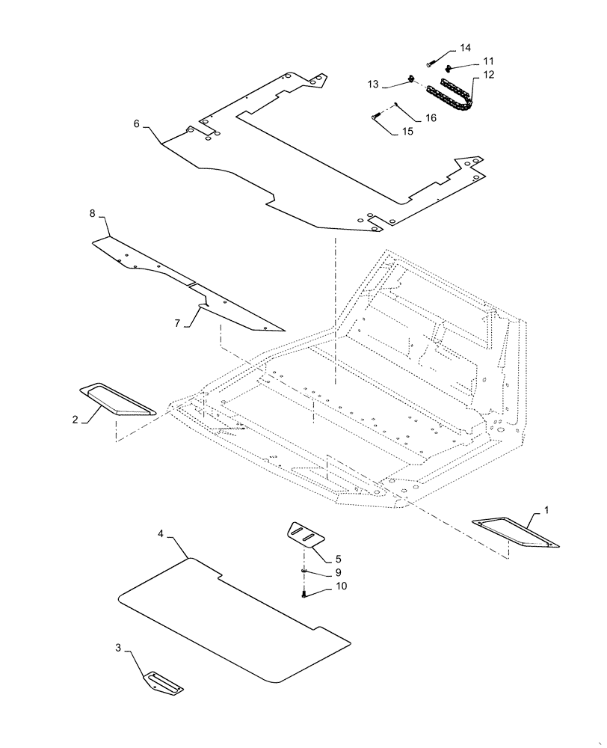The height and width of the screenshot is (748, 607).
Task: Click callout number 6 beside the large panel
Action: (x=137, y=123)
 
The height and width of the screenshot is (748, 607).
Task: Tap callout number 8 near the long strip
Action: (x=93, y=214)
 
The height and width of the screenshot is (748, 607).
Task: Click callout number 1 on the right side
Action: (x=546, y=510)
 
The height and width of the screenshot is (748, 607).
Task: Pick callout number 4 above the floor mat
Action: (x=161, y=533)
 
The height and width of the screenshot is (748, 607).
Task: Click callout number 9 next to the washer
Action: (x=338, y=572)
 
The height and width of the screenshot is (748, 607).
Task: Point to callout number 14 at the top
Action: (x=465, y=48)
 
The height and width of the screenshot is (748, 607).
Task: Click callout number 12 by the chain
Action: (x=488, y=75)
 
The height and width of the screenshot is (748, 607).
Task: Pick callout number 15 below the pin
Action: (x=407, y=132)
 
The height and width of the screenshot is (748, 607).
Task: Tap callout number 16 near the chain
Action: (x=431, y=118)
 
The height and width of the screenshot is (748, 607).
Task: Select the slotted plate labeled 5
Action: (x=306, y=534)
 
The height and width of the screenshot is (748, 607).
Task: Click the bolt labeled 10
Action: (x=306, y=595)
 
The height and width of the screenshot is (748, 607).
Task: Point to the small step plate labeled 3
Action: (x=163, y=682)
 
